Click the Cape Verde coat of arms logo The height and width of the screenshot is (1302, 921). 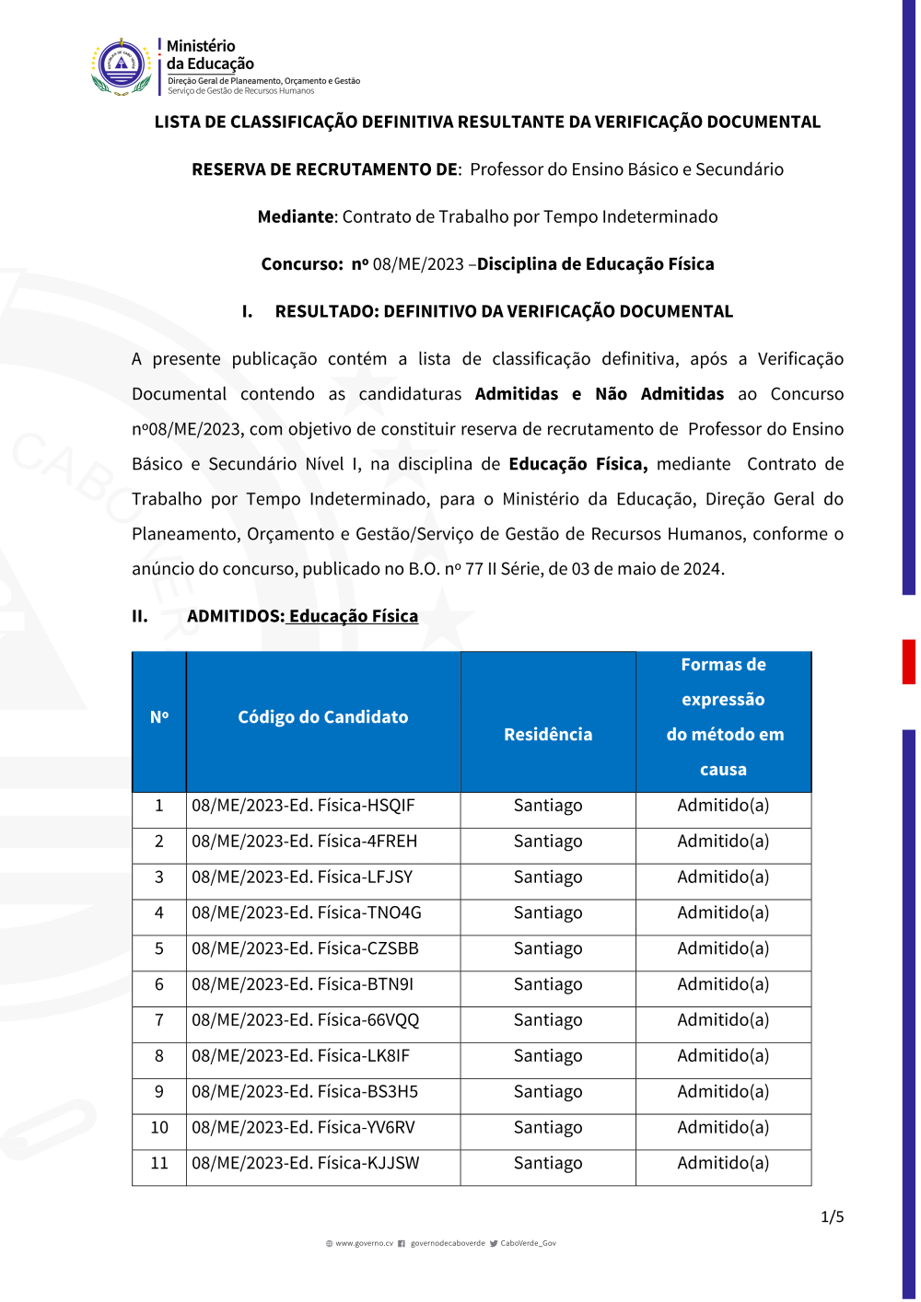click(122, 66)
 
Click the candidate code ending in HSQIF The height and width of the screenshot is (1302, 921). click(303, 806)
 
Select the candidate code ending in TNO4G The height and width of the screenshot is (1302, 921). click(306, 913)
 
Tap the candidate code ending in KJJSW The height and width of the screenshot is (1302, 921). click(305, 1164)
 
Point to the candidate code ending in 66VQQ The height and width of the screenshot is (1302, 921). click(305, 1020)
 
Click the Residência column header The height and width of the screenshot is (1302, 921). click(548, 735)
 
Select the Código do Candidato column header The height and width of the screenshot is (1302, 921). click(322, 717)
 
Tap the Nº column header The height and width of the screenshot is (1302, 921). click(159, 717)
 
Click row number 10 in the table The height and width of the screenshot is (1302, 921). click(159, 1128)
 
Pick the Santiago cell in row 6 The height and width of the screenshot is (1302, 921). click(548, 985)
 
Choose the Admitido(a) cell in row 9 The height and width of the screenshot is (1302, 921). click(723, 1092)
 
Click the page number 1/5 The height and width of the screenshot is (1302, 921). click(832, 1217)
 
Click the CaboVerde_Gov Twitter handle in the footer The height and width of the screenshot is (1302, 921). click(528, 1244)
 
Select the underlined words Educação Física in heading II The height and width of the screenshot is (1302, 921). click(353, 617)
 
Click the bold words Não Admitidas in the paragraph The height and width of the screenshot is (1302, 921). click(659, 394)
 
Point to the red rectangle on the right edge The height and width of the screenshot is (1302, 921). click(908, 661)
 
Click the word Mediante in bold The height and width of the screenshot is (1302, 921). click(296, 217)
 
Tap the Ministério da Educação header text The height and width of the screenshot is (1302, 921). click(209, 55)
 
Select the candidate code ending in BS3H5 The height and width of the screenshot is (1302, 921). click(305, 1092)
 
